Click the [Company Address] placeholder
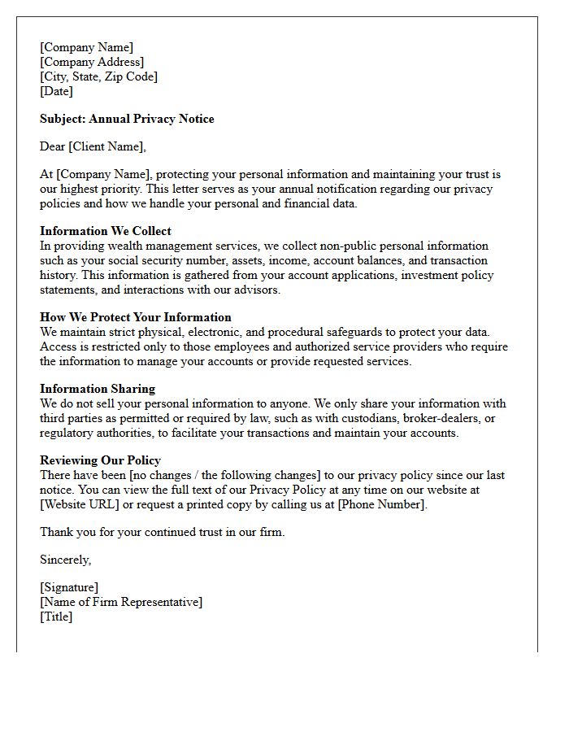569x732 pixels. click(92, 62)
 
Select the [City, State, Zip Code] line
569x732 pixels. click(98, 76)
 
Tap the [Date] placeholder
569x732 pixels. click(56, 91)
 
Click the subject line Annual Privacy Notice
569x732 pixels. click(127, 119)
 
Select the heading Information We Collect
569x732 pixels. click(106, 231)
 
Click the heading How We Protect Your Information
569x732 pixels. click(136, 317)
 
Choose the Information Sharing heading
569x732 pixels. click(98, 389)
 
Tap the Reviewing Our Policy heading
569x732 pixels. click(100, 460)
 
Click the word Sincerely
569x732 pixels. click(65, 560)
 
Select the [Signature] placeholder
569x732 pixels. click(69, 587)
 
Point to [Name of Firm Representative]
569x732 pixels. click(121, 602)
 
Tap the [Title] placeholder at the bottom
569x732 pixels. click(56, 617)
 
